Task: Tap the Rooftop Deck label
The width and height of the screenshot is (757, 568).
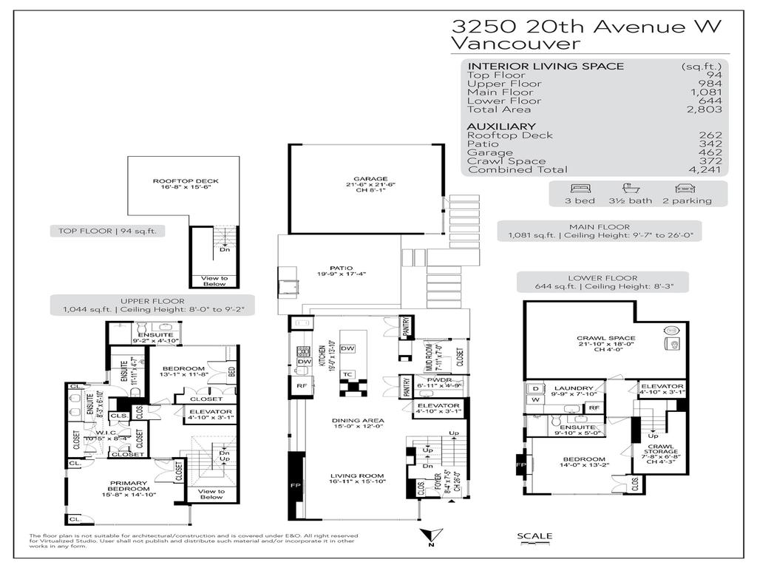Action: click(x=175, y=181)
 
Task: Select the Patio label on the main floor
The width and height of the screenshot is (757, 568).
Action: click(x=341, y=268)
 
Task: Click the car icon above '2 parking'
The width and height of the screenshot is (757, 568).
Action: click(x=685, y=189)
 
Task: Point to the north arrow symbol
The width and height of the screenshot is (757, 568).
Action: click(x=430, y=536)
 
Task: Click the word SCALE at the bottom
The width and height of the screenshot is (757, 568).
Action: click(x=534, y=536)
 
